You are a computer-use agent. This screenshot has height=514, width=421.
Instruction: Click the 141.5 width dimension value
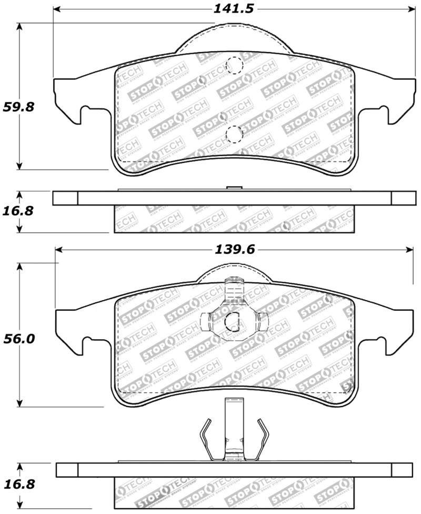(x=233, y=9)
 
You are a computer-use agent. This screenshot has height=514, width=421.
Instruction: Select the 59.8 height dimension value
(x=19, y=107)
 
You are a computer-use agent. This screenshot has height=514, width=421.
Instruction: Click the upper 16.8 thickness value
(x=19, y=211)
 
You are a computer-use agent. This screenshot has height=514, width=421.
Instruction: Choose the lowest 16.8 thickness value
(x=19, y=483)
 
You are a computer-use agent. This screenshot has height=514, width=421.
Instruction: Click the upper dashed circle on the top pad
(x=233, y=66)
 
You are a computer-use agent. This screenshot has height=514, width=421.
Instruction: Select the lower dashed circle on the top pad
(x=233, y=135)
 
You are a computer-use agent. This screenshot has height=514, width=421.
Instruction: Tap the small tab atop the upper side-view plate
(x=233, y=187)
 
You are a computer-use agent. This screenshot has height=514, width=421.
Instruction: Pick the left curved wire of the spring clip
(x=205, y=440)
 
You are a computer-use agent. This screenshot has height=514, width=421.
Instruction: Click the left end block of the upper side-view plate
(x=65, y=198)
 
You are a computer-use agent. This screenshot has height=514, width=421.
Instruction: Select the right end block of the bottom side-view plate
(x=403, y=470)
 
